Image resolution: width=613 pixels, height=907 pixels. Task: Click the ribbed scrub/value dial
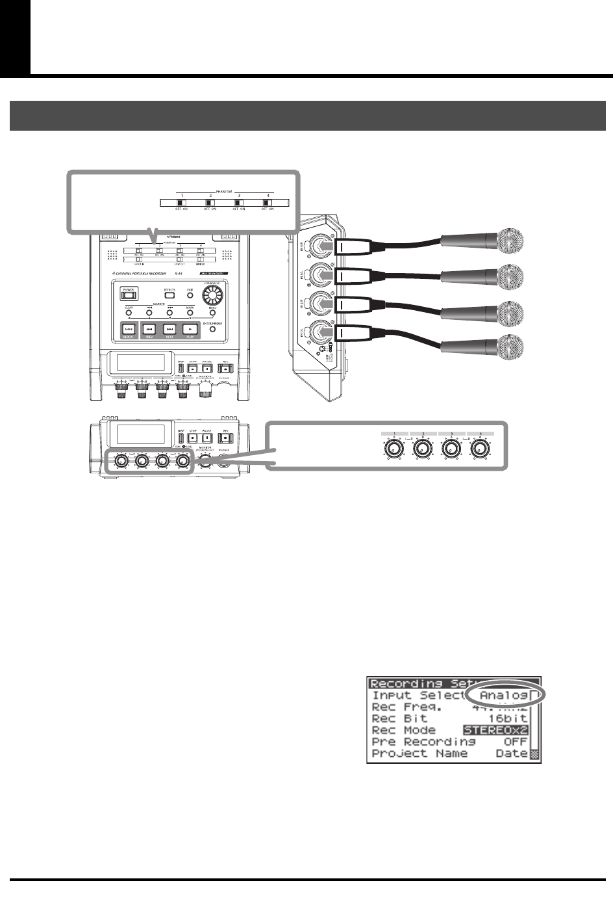coord(212,297)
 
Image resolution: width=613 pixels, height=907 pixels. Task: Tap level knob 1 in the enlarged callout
coord(392,450)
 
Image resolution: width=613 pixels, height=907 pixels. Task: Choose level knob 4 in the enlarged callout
coord(480,450)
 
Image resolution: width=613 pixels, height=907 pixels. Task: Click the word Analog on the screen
coord(503,695)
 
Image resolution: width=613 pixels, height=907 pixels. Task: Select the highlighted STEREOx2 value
coord(495,730)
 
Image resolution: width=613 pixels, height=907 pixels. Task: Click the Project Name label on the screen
coord(419,754)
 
